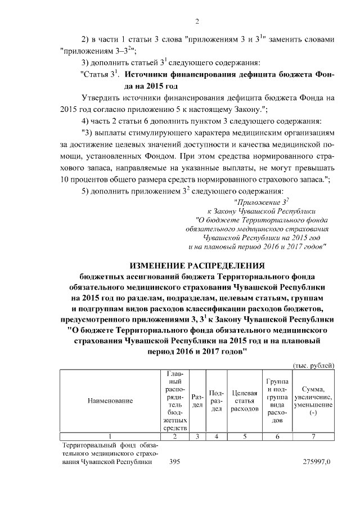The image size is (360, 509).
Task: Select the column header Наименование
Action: [x=110, y=401]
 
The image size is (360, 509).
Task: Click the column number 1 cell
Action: [x=110, y=436]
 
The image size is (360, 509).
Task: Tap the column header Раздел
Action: [x=197, y=401]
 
